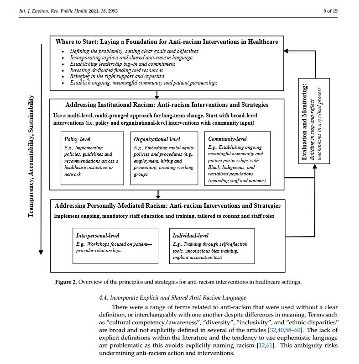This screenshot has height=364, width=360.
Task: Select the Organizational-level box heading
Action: click(x=157, y=139)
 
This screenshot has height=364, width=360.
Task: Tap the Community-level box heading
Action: click(x=227, y=138)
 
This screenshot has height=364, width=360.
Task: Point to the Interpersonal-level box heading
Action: click(x=98, y=235)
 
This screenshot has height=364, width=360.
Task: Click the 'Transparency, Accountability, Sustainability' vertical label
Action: click(x=31, y=156)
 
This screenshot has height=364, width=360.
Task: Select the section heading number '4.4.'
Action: click(x=104, y=298)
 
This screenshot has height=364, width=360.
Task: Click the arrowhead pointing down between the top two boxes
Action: click(x=157, y=97)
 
